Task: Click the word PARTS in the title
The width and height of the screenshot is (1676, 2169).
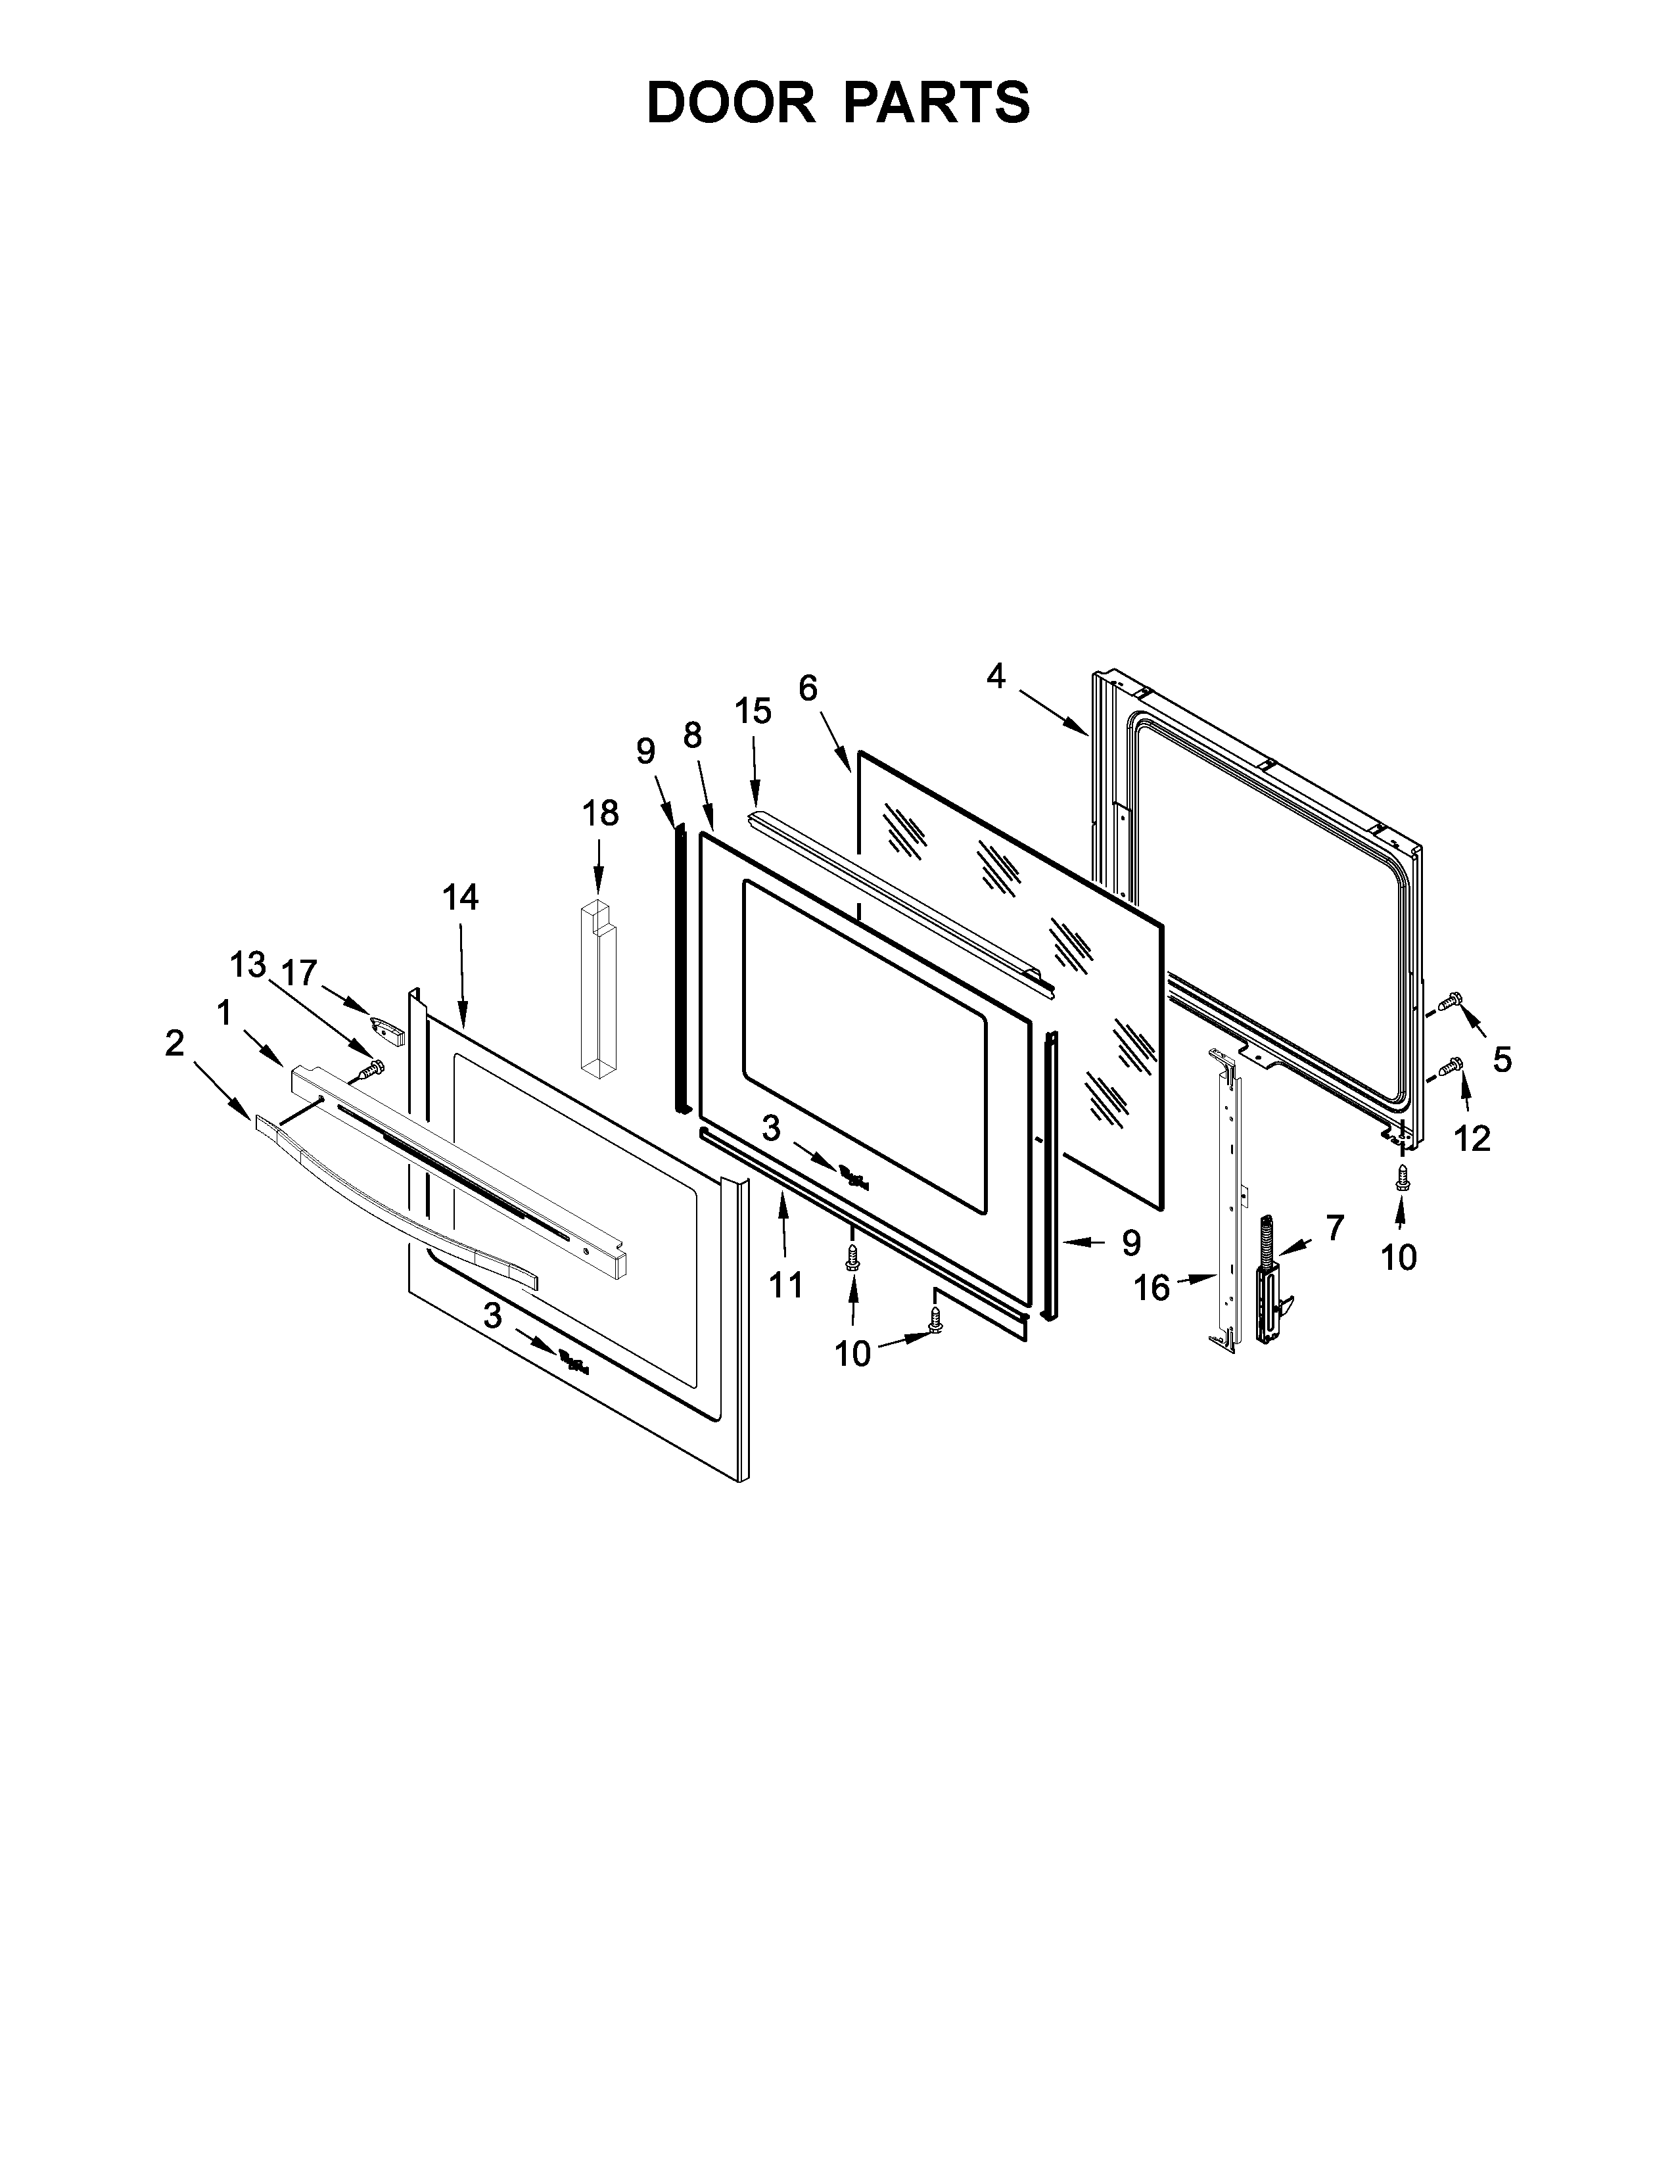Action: click(x=937, y=103)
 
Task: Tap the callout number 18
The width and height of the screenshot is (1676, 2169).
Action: click(x=599, y=812)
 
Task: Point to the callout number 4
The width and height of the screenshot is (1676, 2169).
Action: click(x=996, y=677)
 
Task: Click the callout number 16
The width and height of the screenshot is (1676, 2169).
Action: click(x=1152, y=1288)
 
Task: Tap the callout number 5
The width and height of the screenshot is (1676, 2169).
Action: click(x=1502, y=1060)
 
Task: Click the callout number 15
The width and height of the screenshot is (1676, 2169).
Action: click(x=754, y=711)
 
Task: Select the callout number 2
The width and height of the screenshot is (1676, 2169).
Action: click(x=175, y=1043)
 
